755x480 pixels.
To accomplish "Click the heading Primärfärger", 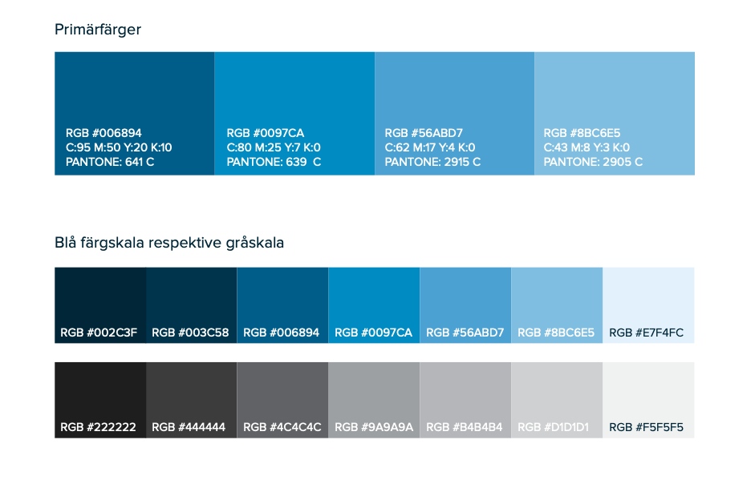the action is (x=98, y=30).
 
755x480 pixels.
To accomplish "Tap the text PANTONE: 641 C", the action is (x=110, y=162).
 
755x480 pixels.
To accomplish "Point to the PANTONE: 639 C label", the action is (x=274, y=162).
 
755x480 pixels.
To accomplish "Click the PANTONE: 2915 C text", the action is (x=432, y=162).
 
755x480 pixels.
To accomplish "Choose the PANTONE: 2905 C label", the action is (x=593, y=162).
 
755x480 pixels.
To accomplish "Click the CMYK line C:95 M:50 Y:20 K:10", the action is (x=119, y=147).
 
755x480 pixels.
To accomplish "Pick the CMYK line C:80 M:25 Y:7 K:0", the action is (x=274, y=147).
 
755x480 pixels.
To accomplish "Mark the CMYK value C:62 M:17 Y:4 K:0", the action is (x=430, y=147).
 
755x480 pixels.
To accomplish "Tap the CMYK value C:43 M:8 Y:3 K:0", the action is (x=587, y=147).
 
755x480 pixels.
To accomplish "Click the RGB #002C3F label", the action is (x=99, y=333).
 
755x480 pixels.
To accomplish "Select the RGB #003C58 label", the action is (x=190, y=333).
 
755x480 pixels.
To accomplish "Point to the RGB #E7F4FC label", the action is (x=646, y=333).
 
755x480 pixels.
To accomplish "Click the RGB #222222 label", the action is (x=98, y=428).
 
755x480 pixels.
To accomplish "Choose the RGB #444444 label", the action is (x=189, y=428).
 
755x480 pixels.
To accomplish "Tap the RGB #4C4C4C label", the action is (x=282, y=428).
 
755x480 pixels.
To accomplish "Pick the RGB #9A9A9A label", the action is (x=374, y=428).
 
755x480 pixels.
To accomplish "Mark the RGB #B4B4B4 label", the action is (x=465, y=428).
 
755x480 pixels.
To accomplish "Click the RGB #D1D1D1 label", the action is (x=554, y=428).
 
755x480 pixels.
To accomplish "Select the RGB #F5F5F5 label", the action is (x=646, y=428).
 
